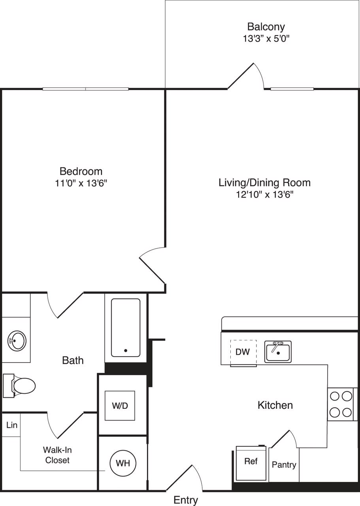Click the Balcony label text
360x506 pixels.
[x=266, y=27]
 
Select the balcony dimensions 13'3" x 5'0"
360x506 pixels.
[x=266, y=39]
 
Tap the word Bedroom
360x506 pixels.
[x=81, y=171]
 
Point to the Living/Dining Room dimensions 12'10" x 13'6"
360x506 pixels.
[x=264, y=194]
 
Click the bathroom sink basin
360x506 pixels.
[x=17, y=340]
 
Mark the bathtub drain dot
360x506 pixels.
[x=126, y=350]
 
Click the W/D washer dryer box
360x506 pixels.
[x=120, y=406]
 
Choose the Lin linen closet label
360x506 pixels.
[x=12, y=425]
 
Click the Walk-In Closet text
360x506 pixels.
[x=57, y=455]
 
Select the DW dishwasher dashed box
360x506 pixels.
[x=243, y=352]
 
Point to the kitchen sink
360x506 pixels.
[x=278, y=351]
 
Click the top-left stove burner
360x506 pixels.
[x=335, y=396]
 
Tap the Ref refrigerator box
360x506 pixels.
[x=251, y=462]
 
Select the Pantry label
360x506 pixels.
[x=284, y=465]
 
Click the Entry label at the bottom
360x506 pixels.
[x=186, y=500]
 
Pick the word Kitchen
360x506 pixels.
[x=275, y=405]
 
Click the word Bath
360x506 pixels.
[x=73, y=360]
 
